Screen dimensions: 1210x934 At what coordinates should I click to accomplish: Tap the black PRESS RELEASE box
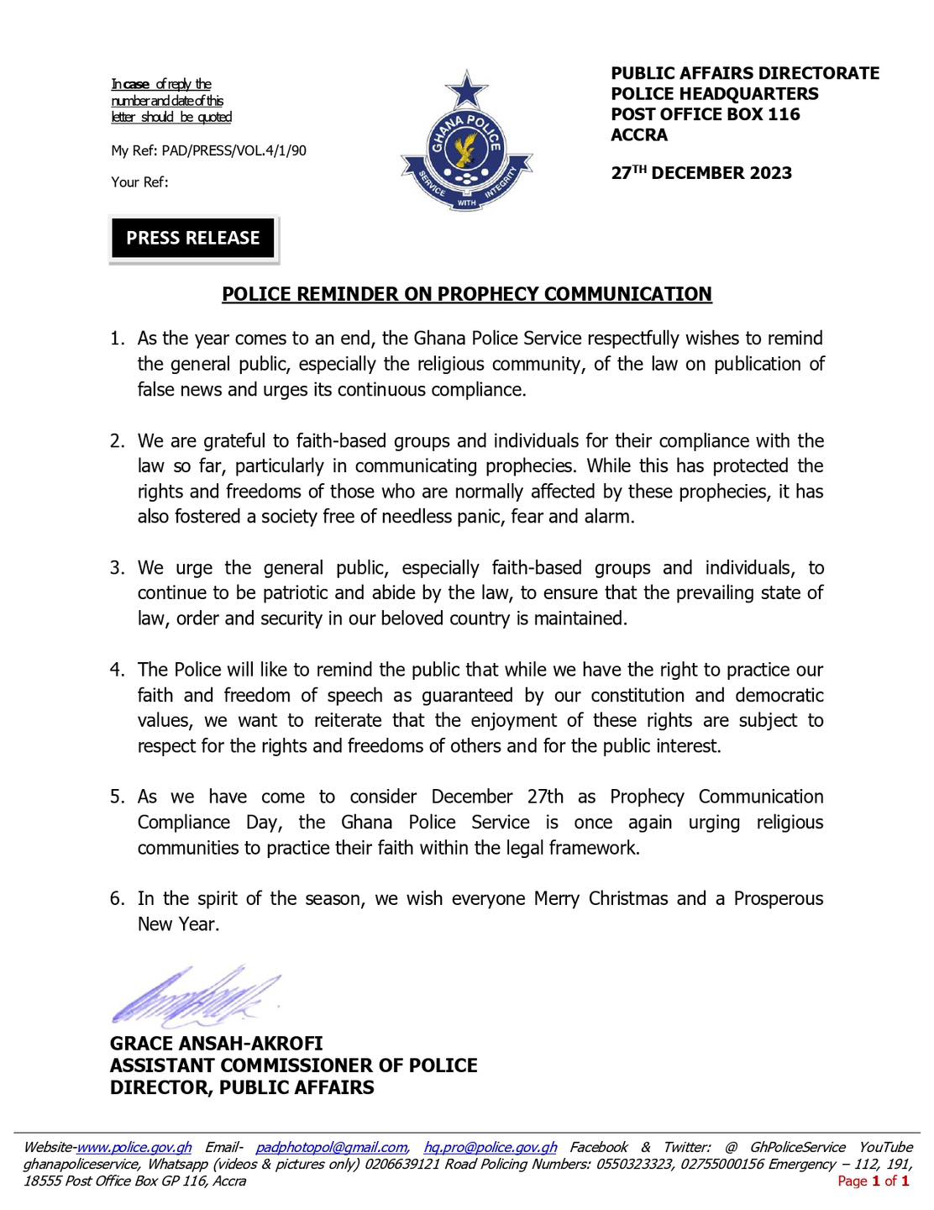tap(193, 238)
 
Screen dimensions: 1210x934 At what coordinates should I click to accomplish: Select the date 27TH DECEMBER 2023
tap(701, 173)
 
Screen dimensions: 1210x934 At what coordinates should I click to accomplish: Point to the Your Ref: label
tap(139, 181)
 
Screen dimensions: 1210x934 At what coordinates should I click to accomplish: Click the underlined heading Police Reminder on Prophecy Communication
tap(466, 294)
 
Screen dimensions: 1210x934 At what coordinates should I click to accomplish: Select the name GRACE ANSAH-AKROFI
tap(216, 1044)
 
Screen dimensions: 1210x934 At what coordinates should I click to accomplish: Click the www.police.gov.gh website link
tap(134, 1148)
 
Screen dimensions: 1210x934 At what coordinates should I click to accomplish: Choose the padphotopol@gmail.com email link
tap(332, 1148)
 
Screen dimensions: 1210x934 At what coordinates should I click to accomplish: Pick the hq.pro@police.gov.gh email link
tap(491, 1148)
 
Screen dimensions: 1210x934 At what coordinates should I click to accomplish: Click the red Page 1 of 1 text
tap(874, 1181)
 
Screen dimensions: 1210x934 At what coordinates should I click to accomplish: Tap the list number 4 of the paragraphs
tap(117, 670)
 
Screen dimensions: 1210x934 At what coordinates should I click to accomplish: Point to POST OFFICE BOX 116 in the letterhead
tap(706, 114)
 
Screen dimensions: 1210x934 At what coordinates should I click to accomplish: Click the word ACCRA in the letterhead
tap(639, 135)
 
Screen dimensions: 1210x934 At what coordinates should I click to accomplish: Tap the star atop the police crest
tap(466, 89)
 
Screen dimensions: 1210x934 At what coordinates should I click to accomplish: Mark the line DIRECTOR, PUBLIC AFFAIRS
tap(242, 1087)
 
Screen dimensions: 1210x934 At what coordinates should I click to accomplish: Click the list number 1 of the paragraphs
tap(117, 339)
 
